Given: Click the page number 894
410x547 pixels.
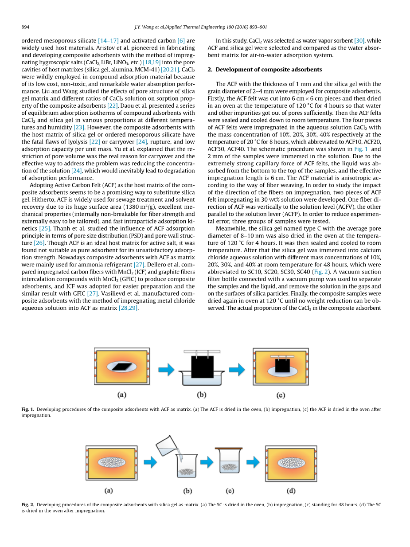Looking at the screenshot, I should (25, 27).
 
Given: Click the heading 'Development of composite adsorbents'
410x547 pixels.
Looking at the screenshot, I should (269, 70).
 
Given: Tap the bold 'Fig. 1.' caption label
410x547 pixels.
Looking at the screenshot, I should (28, 410).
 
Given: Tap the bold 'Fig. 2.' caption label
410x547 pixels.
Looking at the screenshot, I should (28, 504).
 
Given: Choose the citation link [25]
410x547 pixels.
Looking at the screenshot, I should (45, 228).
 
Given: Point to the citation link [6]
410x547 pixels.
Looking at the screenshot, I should (181, 40).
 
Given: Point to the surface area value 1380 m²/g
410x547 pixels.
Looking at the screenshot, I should (159, 207).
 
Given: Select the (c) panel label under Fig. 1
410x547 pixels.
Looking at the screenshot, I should (280, 395).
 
